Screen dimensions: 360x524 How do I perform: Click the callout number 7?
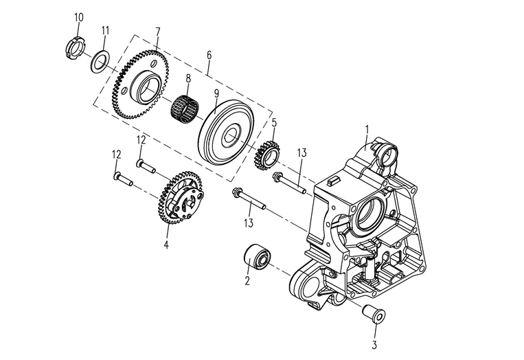coord(158,31)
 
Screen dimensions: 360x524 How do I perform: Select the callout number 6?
coord(209,54)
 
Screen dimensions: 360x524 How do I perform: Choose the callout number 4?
coord(166,243)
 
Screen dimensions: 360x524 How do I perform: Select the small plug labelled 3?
coord(374,315)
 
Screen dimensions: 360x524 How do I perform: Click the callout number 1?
coord(367,128)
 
